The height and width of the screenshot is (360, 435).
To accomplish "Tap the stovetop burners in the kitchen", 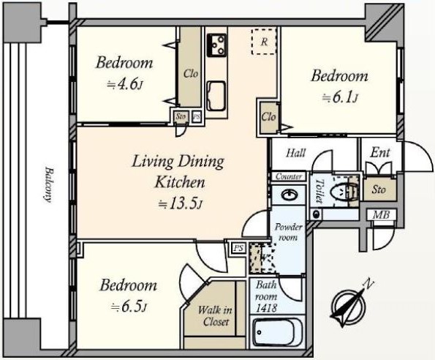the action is click(216, 45).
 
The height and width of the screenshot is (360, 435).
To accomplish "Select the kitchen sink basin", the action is click(216, 96).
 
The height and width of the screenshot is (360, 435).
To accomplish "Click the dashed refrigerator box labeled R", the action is click(264, 42).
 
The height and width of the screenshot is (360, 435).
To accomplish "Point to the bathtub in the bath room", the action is click(278, 333).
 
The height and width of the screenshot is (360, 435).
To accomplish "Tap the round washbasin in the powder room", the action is click(290, 195).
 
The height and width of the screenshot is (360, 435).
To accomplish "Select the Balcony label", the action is click(48, 184).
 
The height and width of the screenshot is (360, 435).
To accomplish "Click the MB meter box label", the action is click(381, 214).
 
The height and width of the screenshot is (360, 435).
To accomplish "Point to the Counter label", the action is click(289, 176).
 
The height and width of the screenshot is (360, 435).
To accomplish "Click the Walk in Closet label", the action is click(215, 316).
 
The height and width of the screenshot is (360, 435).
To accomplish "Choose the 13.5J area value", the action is click(181, 204).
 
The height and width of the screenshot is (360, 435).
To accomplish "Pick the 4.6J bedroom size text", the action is click(126, 84).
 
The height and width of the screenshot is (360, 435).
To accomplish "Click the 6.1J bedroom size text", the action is click(340, 98).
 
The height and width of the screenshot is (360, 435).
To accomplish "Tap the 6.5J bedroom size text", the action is click(129, 307).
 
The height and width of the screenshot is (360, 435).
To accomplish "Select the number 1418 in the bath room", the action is click(266, 308).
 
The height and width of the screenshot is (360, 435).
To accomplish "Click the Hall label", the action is click(296, 153).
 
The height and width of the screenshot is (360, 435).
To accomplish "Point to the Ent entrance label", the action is click(380, 152).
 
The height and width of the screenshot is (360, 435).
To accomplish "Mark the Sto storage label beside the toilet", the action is click(379, 190).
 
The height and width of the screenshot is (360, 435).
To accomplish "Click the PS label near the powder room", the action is click(238, 248).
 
